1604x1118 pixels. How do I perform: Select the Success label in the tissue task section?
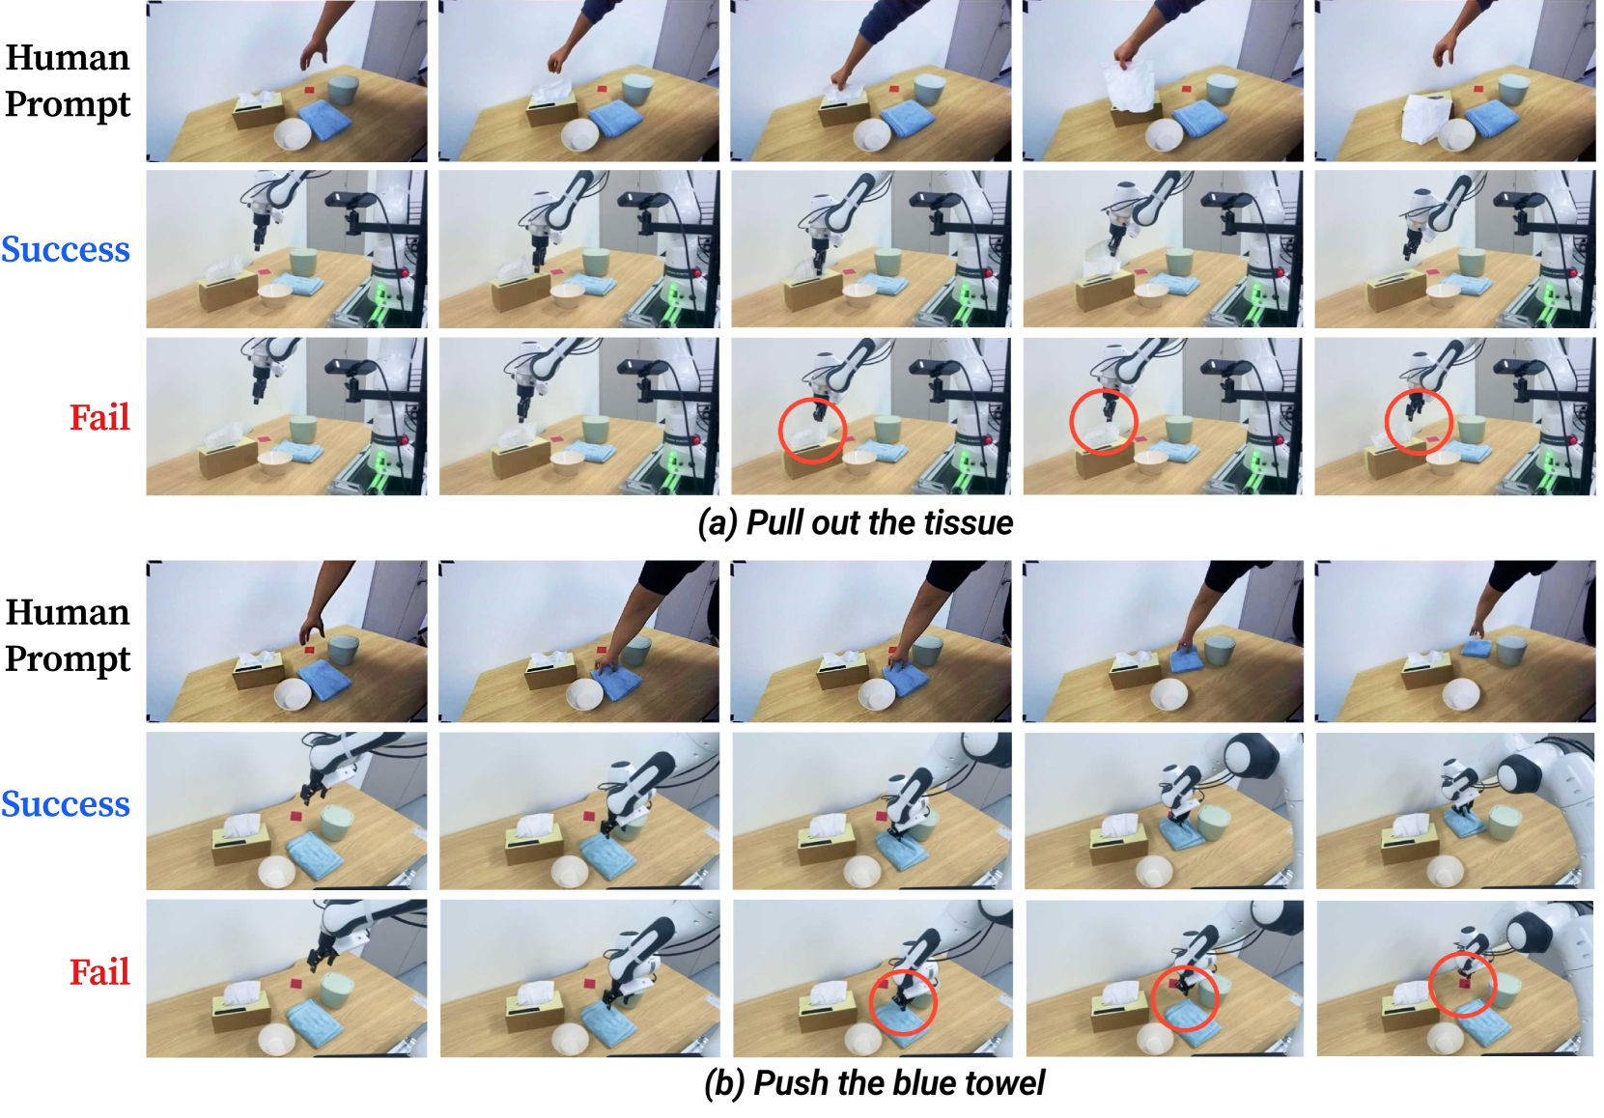pos(65,249)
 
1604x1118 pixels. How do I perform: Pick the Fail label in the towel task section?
pos(99,972)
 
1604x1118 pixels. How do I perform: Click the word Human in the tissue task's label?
pos(68,57)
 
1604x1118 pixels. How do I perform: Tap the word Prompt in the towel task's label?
pos(68,658)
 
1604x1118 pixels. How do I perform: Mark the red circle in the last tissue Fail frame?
pos(1418,422)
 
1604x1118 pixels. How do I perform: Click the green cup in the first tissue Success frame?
pos(303,262)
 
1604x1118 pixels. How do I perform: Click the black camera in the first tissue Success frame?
pos(350,199)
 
